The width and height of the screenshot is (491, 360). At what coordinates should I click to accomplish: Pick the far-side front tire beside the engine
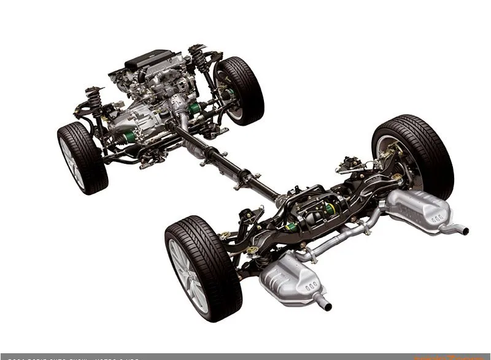pyautogui.click(x=243, y=90)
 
